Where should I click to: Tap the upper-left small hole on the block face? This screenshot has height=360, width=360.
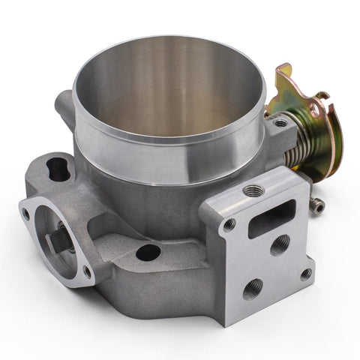229,223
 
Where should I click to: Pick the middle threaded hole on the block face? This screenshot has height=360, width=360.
280,244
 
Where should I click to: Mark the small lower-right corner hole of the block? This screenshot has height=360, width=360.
305,274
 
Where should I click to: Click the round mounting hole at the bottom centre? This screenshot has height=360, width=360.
148,252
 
